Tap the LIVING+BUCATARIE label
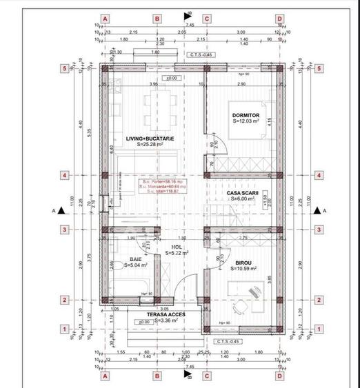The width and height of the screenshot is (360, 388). tap(150, 139)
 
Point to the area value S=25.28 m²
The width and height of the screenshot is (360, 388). tap(150, 145)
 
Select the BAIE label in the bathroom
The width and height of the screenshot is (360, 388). tap(135, 260)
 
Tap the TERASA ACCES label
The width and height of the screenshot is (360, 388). tap(158, 314)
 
